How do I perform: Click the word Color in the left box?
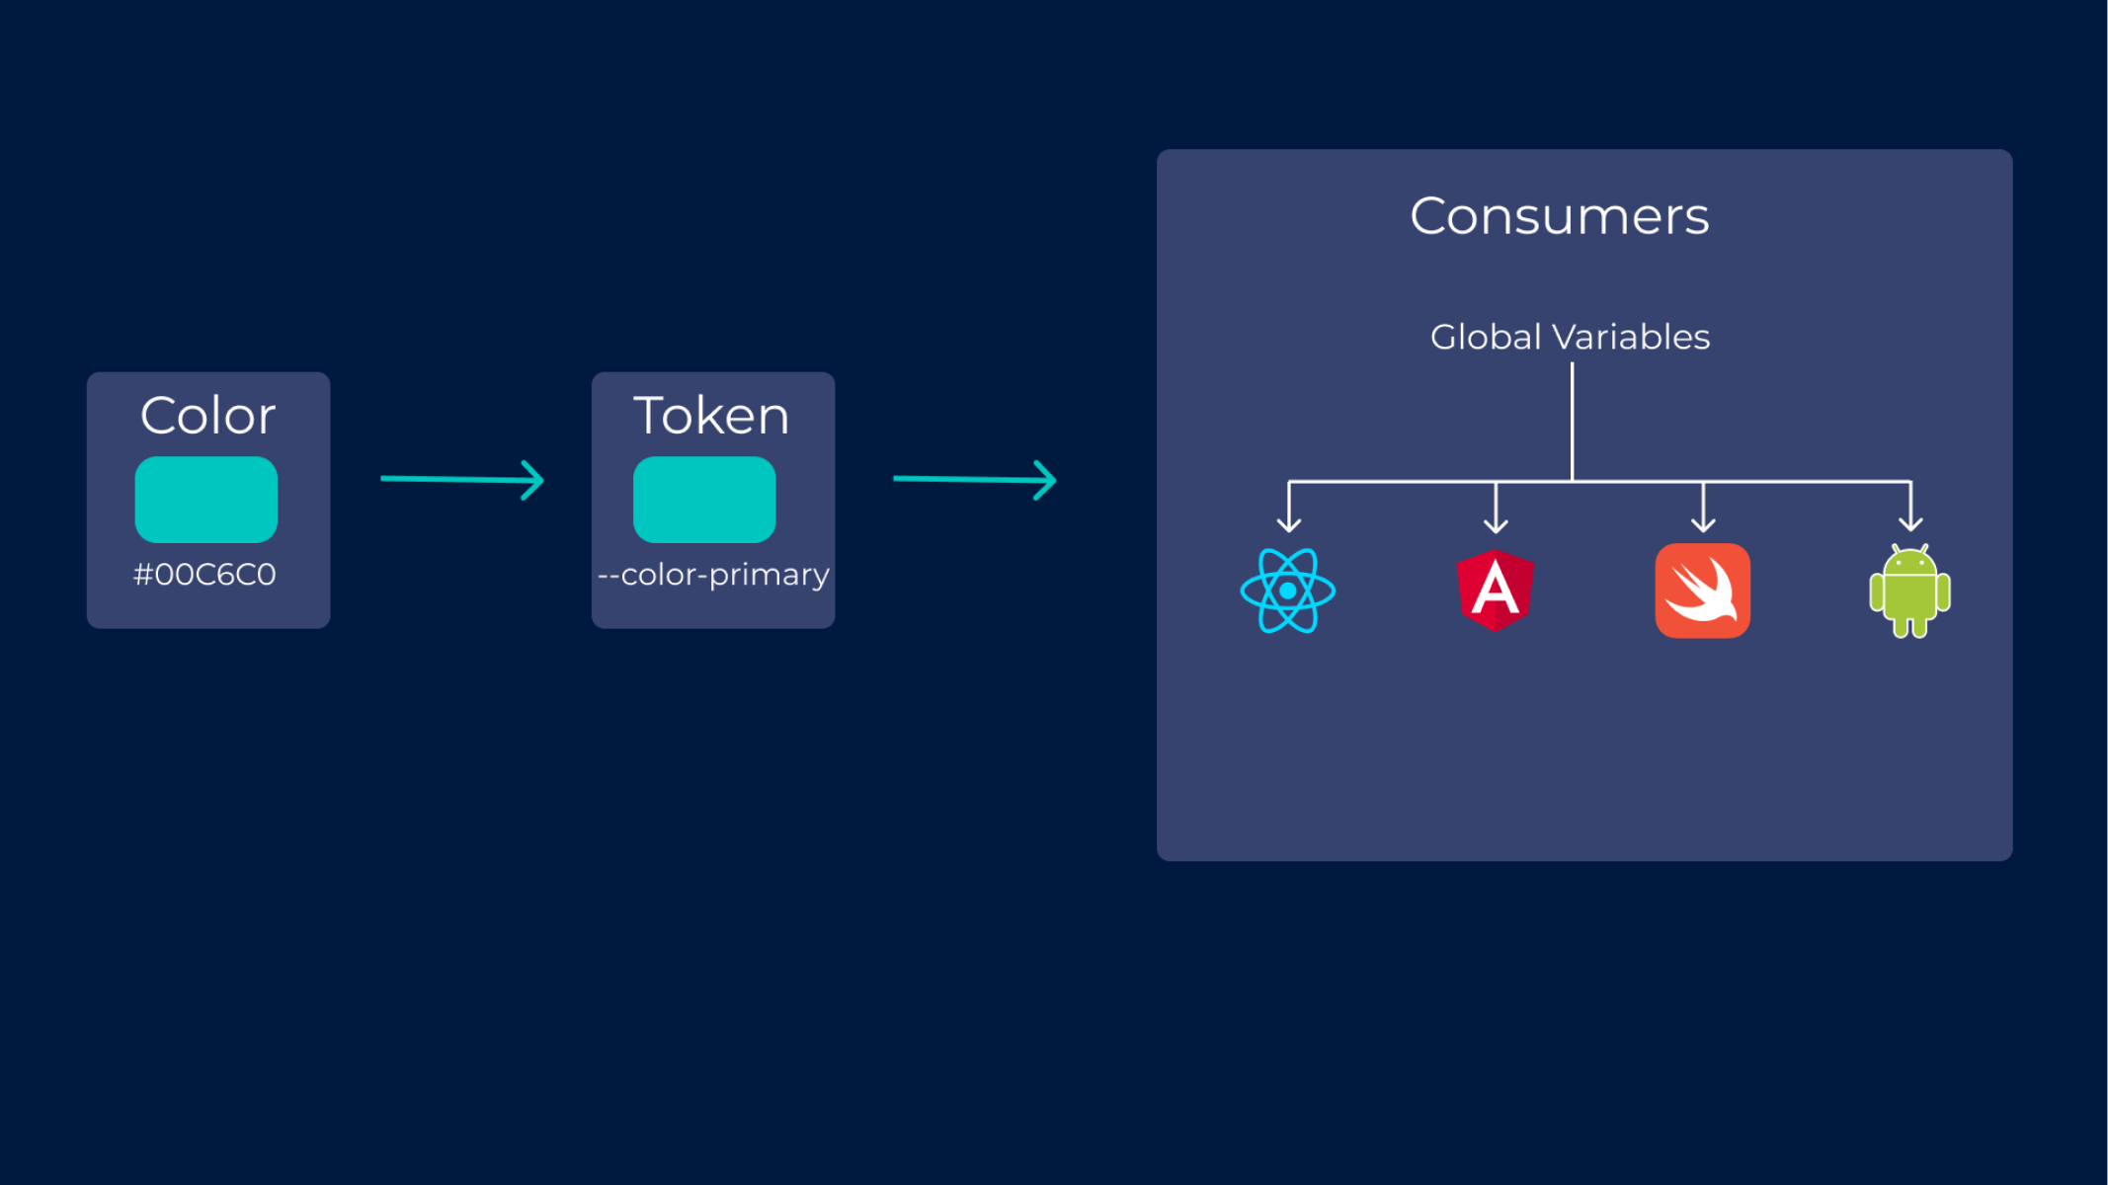pos(207,416)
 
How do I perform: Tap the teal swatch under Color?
pos(205,499)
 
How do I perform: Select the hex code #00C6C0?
pos(204,575)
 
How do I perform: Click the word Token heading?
pos(711,416)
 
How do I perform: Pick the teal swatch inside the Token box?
pos(704,499)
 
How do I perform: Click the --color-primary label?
pos(713,575)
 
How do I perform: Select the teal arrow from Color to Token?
pos(462,480)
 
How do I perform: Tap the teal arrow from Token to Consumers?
pos(975,480)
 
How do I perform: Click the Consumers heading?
pos(1559,216)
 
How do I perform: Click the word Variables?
pos(1631,338)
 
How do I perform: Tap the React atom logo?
pos(1288,591)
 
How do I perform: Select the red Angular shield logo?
pos(1496,591)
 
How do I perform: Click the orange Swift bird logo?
pos(1702,591)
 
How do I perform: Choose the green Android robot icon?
pos(1909,592)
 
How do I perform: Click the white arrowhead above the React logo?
pos(1289,523)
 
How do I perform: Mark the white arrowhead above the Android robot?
pos(1910,523)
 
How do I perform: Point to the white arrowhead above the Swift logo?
pos(1703,523)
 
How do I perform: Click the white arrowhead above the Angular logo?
pos(1496,523)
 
